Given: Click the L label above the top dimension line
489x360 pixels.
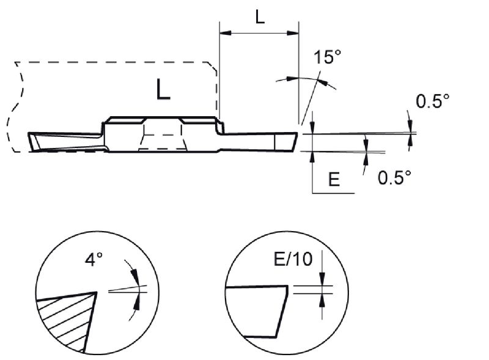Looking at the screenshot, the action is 260,17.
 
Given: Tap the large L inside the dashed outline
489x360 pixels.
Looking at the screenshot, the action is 163,89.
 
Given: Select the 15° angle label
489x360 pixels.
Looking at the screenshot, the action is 328,57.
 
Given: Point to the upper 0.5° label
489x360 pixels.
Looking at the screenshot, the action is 433,101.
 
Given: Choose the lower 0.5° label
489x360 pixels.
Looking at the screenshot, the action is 394,178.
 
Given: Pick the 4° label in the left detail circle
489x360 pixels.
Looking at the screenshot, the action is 94,260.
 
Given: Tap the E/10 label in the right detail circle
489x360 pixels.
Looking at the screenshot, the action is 293,259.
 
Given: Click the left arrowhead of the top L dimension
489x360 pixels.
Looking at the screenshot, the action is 226,33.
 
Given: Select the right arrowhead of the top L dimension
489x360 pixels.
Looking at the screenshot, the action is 293,33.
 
